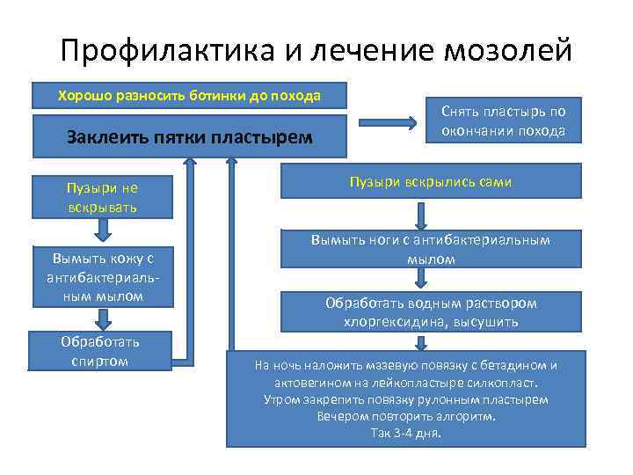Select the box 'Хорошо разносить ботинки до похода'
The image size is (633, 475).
pos(188,95)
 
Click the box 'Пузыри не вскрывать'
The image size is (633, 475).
pos(102,198)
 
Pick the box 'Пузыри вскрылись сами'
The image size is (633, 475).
pos(430,182)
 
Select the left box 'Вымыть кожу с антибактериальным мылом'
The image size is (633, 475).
pos(102,276)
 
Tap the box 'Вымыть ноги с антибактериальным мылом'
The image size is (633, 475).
pos(430,249)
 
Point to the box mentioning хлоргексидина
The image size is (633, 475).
pos(430,312)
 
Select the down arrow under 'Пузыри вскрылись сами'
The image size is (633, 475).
pos(422,216)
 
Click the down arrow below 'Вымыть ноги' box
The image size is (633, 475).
pos(422,279)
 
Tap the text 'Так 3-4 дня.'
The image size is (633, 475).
pos(405,434)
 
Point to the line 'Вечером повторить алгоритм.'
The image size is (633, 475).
pos(405,417)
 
